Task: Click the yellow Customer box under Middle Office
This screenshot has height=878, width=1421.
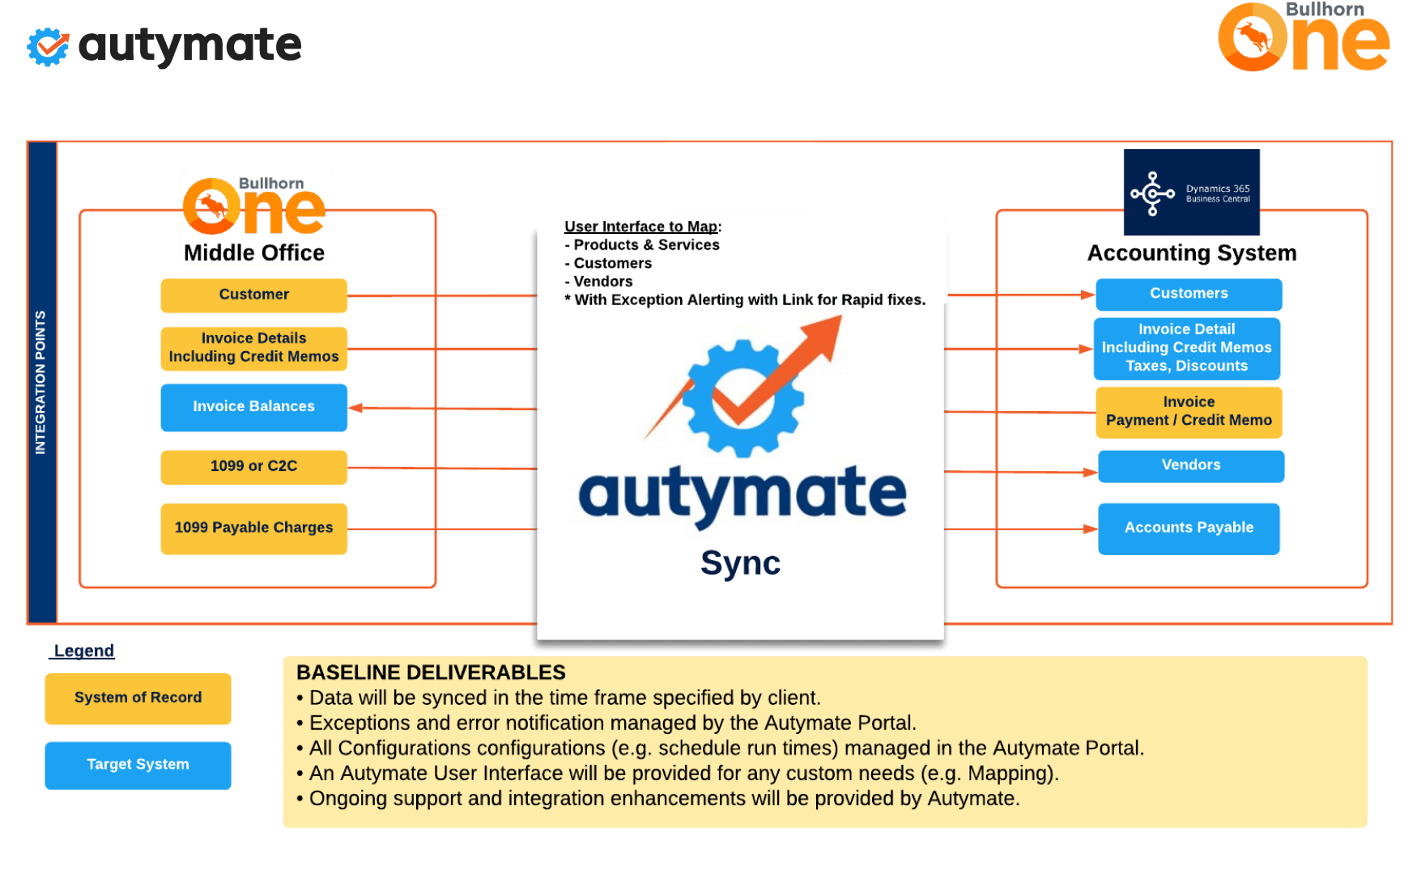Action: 253,295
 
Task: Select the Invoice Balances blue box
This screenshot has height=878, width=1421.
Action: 253,407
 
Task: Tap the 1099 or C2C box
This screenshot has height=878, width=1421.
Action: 253,467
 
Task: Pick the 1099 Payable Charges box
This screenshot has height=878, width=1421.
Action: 253,528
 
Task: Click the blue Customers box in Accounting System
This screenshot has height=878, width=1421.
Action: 1189,295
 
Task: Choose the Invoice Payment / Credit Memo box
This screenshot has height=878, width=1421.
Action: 1189,412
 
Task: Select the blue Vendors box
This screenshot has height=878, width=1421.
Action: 1190,466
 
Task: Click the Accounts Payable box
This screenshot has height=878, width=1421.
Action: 1189,528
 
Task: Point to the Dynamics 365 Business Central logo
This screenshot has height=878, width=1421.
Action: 1191,193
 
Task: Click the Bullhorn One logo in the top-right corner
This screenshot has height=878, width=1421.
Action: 1303,37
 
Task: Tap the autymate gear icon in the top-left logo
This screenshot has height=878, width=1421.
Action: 48,47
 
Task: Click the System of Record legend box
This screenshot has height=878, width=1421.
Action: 138,698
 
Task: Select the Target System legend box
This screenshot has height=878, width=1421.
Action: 138,766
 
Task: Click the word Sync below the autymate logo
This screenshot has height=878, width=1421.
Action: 740,563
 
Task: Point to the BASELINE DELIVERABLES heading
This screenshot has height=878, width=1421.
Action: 431,673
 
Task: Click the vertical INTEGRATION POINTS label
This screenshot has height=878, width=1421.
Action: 41,382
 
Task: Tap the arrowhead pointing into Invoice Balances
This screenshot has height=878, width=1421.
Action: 356,408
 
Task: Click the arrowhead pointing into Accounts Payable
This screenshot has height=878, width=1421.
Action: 1090,529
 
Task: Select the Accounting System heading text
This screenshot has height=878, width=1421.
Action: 1192,254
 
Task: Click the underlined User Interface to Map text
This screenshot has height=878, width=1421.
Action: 641,227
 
